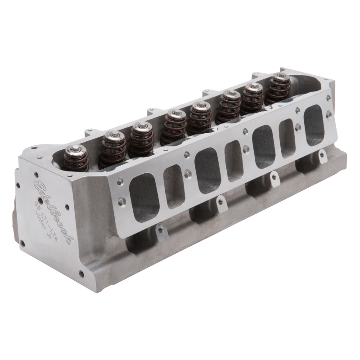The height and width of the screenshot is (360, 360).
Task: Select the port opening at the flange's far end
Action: (x=314, y=119)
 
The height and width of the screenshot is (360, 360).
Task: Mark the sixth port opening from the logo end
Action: (x=287, y=138)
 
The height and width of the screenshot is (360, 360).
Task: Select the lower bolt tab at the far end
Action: (x=322, y=155)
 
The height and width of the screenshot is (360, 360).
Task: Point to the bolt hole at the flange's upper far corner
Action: (x=297, y=109)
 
